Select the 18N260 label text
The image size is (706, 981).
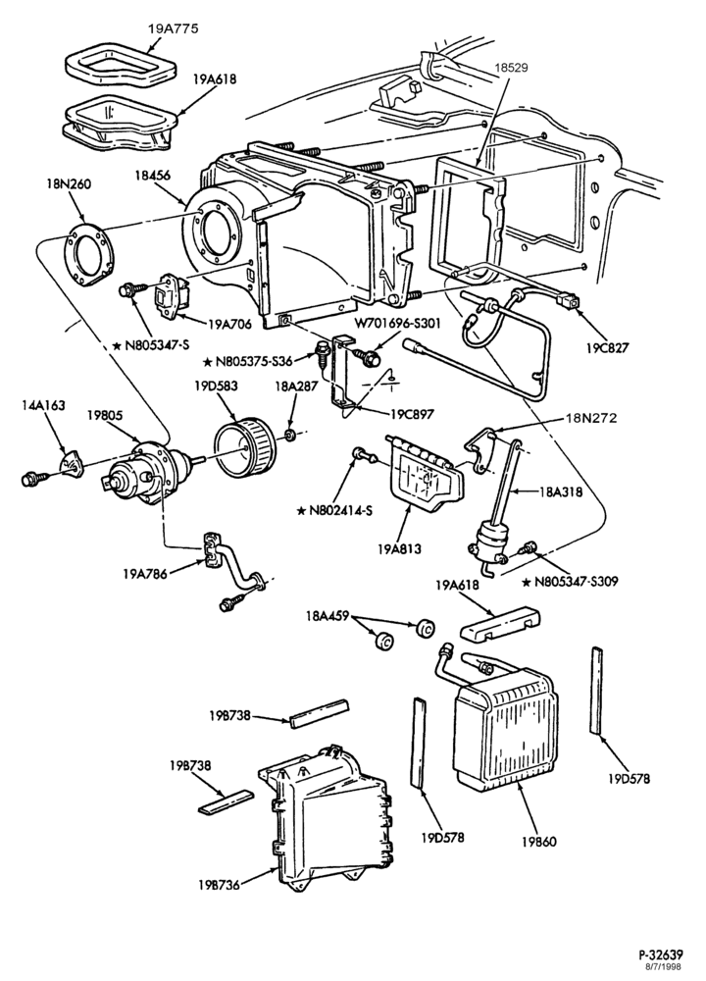coord(69,184)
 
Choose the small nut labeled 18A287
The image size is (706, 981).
coord(289,435)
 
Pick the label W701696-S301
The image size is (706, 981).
coord(399,324)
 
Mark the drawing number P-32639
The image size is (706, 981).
coord(661,955)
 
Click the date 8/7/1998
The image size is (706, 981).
coord(665,966)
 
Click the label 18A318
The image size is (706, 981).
coord(560,491)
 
